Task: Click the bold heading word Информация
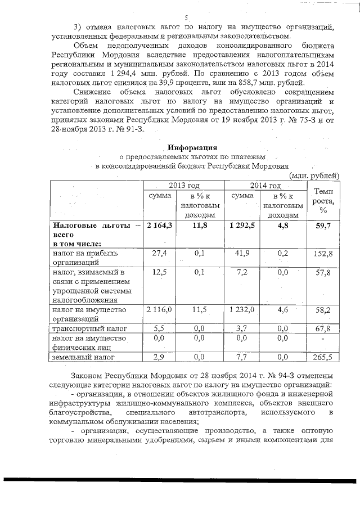(x=191, y=147)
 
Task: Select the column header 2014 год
(x=266, y=186)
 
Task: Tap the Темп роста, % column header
(x=323, y=200)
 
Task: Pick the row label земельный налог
(x=84, y=357)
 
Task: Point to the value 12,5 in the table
(x=160, y=273)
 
